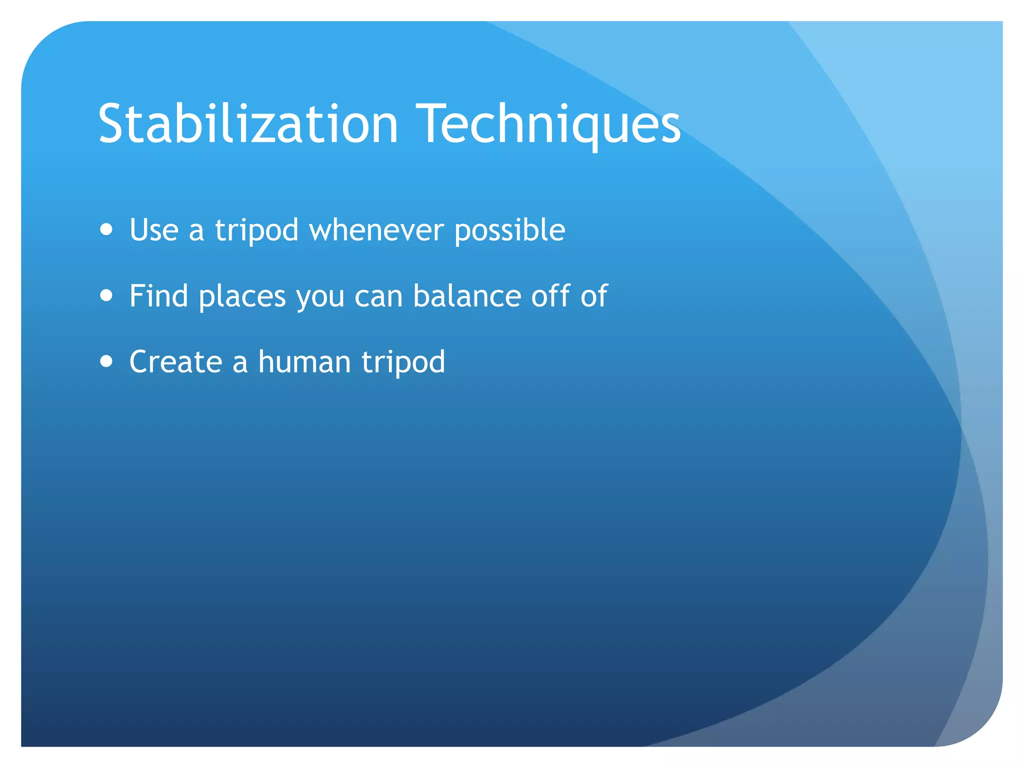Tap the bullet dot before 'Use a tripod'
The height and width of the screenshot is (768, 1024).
106,229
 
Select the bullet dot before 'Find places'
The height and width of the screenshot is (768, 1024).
106,295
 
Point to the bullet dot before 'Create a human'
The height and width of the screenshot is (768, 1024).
106,361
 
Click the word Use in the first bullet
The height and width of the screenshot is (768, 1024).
153,230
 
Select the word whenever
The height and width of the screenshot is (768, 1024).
376,230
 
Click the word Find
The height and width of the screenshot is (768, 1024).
158,295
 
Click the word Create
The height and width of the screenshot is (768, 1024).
175,361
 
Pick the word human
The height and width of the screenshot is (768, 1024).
304,361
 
